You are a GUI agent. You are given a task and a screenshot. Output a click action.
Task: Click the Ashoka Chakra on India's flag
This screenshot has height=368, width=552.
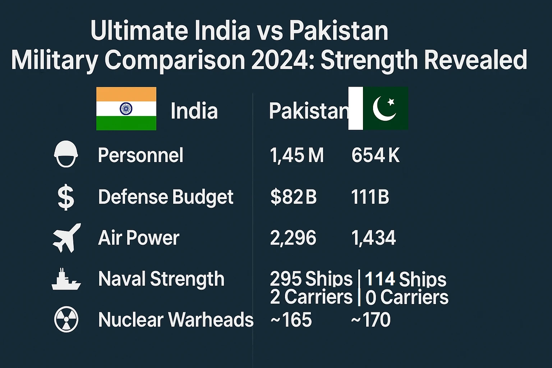(x=126, y=109)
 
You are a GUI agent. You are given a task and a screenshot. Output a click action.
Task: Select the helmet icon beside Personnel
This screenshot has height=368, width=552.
(x=66, y=154)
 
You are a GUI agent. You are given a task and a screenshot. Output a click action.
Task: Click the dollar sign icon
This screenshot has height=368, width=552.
(x=66, y=197)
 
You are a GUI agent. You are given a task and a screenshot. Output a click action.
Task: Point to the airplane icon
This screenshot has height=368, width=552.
(x=66, y=238)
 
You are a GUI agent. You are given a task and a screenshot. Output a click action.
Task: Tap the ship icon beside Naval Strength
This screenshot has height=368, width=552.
(x=66, y=279)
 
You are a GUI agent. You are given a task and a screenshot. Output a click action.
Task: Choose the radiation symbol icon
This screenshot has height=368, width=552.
(x=66, y=319)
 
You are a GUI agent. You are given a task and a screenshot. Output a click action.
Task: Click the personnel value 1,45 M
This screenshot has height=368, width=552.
(x=296, y=156)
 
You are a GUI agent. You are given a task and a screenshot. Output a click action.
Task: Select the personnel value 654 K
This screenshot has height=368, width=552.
(x=375, y=156)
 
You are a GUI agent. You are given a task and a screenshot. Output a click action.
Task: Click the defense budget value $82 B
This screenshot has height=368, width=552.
(x=293, y=197)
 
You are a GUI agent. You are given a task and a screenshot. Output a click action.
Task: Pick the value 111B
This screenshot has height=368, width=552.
(x=370, y=197)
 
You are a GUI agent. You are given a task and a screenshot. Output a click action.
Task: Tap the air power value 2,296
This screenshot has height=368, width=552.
(x=293, y=238)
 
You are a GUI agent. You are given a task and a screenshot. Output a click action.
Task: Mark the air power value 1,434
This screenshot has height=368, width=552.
(x=373, y=238)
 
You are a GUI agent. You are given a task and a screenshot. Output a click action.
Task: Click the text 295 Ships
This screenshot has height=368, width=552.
(x=311, y=279)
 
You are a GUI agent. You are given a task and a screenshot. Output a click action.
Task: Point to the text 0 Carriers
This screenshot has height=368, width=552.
(x=407, y=298)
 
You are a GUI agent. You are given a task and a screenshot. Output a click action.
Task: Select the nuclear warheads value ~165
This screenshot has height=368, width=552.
(x=291, y=319)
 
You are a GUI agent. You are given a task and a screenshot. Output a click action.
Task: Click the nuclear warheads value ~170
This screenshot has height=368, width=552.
(x=371, y=319)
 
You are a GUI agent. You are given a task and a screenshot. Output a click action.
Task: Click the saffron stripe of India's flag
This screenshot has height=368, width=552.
(x=126, y=94)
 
